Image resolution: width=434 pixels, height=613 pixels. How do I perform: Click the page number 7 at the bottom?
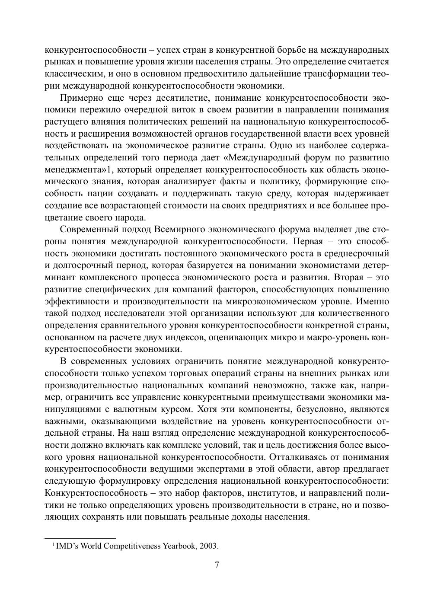[x=217, y=565]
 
